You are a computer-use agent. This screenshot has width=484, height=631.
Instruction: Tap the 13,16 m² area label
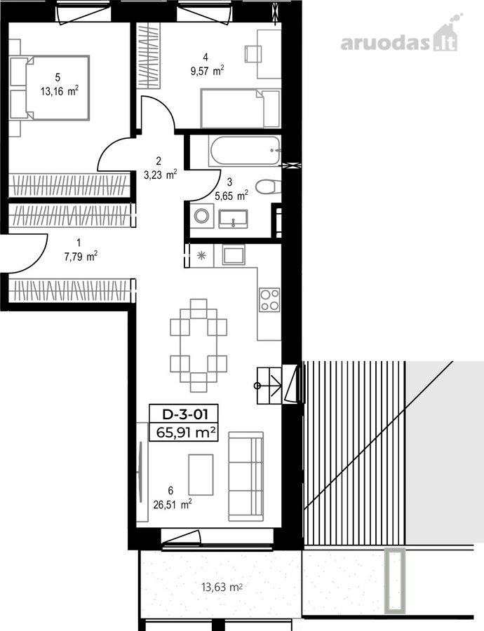point(59,91)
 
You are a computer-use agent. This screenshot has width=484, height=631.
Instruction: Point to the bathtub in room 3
point(244,151)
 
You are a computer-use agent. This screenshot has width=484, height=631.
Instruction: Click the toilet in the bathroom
point(268,186)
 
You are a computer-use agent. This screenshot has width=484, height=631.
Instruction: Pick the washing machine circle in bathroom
point(201,216)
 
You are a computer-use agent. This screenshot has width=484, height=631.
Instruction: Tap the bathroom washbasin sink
point(233,219)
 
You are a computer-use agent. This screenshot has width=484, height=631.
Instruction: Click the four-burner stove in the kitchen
point(269,300)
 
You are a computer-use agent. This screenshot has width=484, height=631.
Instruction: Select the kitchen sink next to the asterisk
point(234,255)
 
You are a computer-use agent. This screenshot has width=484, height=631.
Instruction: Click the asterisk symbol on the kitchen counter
point(201,255)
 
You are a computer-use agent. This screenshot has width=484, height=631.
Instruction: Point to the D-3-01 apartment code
point(184,414)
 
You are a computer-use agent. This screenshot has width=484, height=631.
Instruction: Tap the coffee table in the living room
point(201,475)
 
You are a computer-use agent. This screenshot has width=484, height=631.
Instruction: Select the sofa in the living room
point(246,477)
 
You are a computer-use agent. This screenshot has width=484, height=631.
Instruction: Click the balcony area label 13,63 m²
point(222,587)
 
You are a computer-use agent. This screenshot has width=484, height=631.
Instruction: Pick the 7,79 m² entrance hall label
point(81,256)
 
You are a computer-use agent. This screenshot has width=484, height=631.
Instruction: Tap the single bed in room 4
point(240,108)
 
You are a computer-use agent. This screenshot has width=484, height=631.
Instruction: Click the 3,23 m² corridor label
point(160,175)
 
